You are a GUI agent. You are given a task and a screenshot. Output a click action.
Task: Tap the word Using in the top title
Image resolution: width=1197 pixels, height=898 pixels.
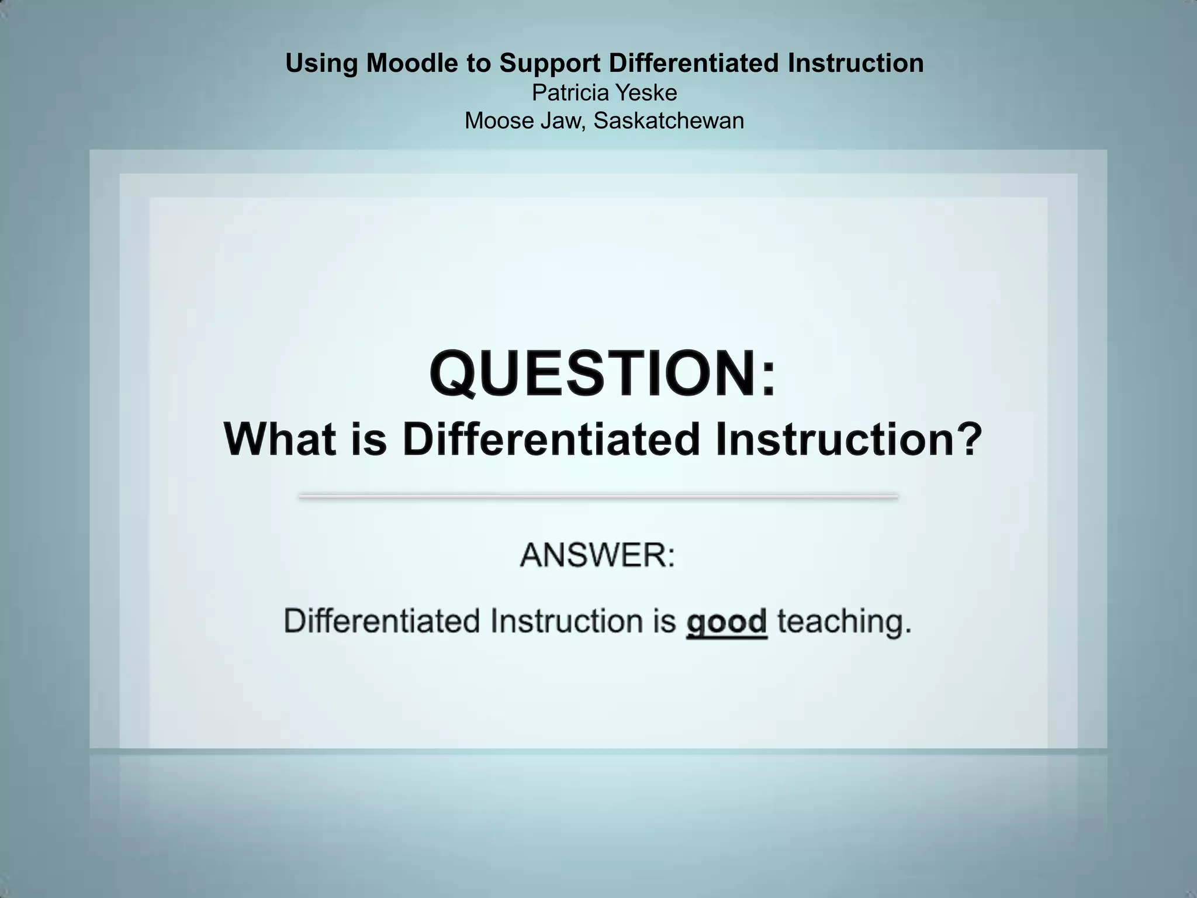(x=321, y=63)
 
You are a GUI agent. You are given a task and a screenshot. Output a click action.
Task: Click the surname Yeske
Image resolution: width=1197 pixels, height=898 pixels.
(x=648, y=93)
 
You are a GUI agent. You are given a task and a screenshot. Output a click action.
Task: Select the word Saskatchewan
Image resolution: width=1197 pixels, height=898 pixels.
(x=669, y=121)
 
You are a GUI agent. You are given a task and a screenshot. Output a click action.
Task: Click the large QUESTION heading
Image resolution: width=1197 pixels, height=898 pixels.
(x=603, y=374)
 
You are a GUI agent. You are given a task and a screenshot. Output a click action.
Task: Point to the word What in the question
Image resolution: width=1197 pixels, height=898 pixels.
(x=280, y=439)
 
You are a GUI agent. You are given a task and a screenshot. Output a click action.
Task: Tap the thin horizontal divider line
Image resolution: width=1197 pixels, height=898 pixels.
(x=598, y=496)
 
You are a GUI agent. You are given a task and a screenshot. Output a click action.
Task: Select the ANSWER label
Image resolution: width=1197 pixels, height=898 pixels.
(x=597, y=555)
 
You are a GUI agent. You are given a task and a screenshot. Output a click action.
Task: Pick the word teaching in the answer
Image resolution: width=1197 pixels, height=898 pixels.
(x=844, y=621)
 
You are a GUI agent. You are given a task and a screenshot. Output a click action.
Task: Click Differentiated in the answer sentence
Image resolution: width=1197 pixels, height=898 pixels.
(x=382, y=621)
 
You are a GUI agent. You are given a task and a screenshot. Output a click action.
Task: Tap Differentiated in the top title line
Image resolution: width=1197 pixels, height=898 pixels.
(x=694, y=63)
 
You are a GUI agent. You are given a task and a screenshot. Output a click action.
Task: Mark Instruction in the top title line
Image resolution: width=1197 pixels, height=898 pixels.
(x=856, y=63)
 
